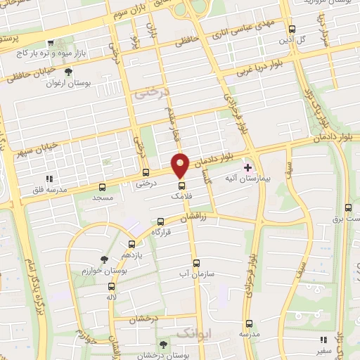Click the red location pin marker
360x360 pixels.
180,165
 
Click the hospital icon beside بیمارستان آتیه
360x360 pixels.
247,167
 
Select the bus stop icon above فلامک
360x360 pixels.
181,186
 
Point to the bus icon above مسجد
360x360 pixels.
102,187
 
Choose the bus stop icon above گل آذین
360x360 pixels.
292,29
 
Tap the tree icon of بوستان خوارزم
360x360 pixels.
105,259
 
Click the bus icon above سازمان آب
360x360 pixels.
195,260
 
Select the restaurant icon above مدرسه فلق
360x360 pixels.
49,179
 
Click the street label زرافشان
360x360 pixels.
195,218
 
